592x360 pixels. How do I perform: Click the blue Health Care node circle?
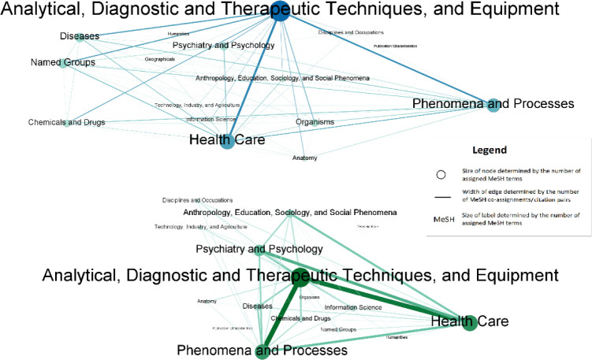tap(228, 142)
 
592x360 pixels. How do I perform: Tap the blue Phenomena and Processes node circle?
tap(494, 105)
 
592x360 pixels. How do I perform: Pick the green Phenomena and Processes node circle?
tap(263, 349)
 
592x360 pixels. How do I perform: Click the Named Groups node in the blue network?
tap(63, 62)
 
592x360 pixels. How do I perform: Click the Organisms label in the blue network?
tap(315, 122)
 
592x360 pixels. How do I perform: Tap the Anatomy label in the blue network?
tap(304, 158)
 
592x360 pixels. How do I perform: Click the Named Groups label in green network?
tap(339, 329)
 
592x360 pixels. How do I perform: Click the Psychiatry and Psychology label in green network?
tap(259, 250)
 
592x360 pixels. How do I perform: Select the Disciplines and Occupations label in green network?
tap(200, 200)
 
